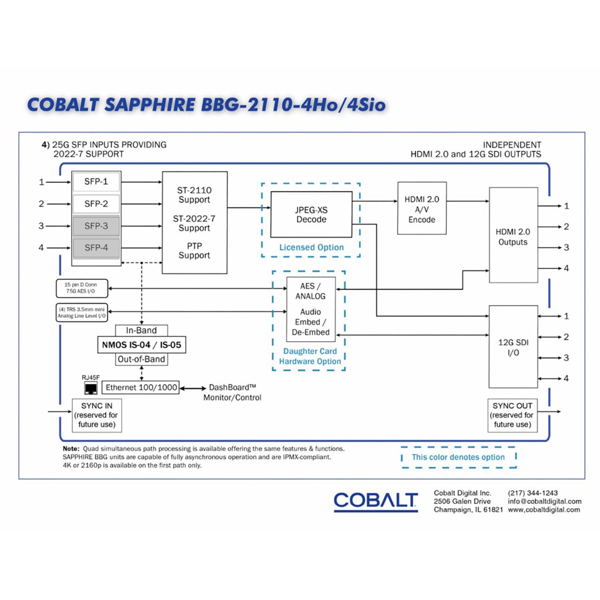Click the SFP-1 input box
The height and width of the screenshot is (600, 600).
pos(96,182)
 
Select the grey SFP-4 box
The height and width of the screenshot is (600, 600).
pos(96,247)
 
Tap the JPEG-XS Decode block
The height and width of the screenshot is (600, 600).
pos(311,215)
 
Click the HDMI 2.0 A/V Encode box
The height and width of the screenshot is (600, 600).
pos(421,209)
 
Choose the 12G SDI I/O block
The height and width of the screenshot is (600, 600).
pos(513,347)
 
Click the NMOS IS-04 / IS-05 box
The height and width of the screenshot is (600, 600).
pos(141,345)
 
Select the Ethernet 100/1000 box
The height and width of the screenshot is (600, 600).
pos(141,388)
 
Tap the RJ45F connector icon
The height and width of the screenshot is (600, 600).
pos(90,388)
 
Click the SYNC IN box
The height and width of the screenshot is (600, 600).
pos(97,415)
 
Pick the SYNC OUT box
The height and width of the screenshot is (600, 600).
pos(512,415)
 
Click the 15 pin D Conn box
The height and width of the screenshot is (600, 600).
pos(81,288)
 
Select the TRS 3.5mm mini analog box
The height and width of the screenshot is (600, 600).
pos(82,313)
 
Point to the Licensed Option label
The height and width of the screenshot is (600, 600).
pos(311,247)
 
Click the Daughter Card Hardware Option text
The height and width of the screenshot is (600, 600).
pos(310,356)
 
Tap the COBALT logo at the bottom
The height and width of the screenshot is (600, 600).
pos(375,501)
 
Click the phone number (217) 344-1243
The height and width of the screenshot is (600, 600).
pos(532,493)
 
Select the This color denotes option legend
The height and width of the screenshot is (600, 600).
pos(458,457)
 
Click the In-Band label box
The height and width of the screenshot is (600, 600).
pos(141,330)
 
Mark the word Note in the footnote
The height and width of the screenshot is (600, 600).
pos(71,449)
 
